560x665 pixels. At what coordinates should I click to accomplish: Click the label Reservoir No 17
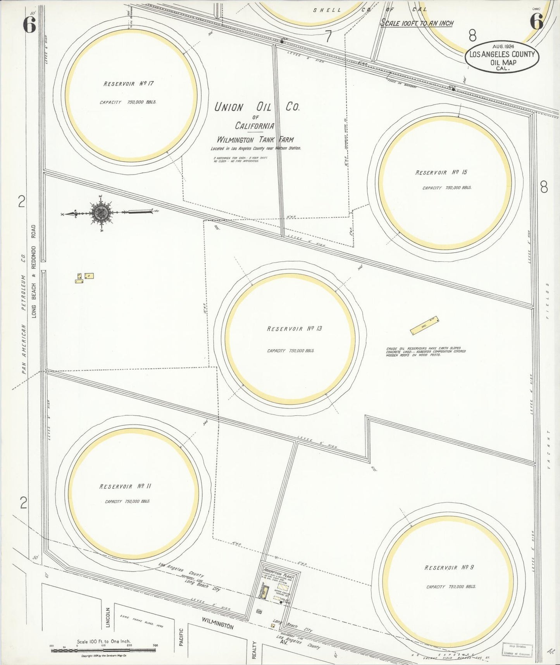126,83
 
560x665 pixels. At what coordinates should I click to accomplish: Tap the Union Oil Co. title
257,107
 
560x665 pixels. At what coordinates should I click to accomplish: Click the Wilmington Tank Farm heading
255,140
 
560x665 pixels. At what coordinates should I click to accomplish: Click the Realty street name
255,649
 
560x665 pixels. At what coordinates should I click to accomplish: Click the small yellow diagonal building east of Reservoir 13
424,326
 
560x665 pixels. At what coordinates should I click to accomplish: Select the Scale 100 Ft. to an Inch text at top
417,23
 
